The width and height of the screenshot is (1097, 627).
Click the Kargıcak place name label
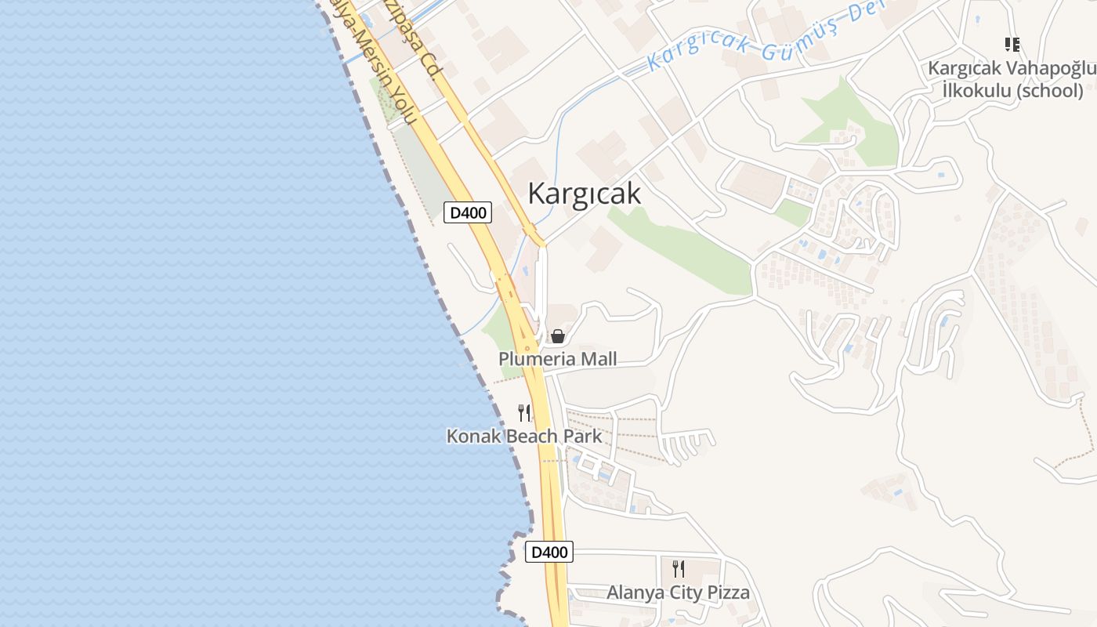pyautogui.click(x=584, y=193)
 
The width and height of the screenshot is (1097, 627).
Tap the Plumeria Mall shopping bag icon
pyautogui.click(x=557, y=336)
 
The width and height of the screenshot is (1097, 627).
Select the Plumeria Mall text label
pyautogui.click(x=558, y=359)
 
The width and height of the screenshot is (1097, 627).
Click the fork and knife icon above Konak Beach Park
pyautogui.click(x=524, y=412)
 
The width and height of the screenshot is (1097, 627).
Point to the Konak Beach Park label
pyautogui.click(x=524, y=436)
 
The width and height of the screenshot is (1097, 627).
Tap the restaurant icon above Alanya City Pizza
pyautogui.click(x=679, y=568)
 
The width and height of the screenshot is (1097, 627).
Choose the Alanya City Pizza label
pyautogui.click(x=678, y=592)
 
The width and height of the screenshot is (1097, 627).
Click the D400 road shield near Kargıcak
pyautogui.click(x=468, y=212)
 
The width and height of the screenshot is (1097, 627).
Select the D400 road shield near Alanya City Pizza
pyautogui.click(x=548, y=552)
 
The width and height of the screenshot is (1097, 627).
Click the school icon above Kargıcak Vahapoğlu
pyautogui.click(x=1012, y=45)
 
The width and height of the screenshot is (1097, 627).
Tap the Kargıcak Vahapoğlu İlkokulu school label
pyautogui.click(x=1012, y=79)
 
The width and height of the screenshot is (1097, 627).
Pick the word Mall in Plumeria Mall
pyautogui.click(x=596, y=359)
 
